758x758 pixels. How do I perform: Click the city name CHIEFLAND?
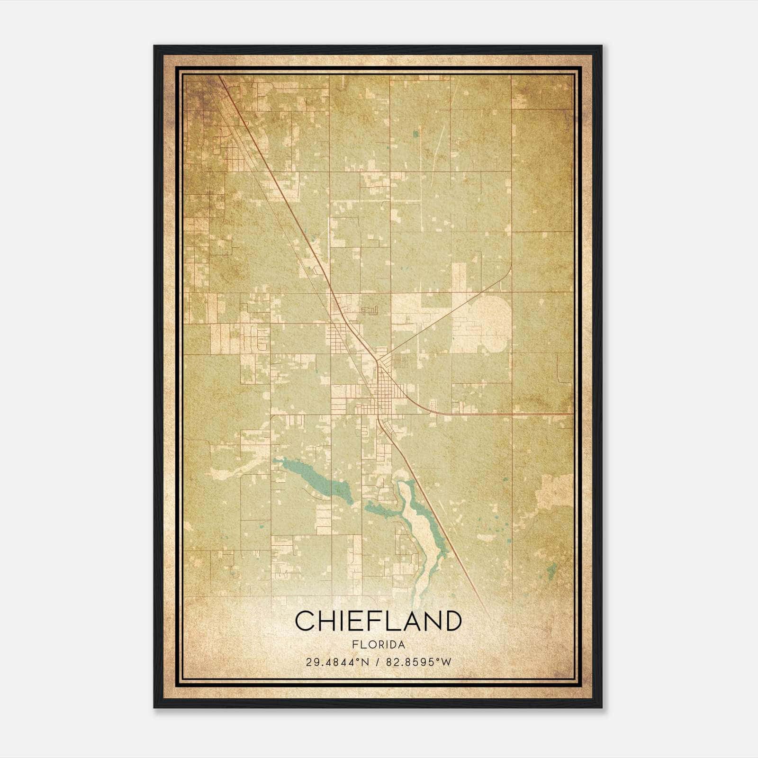(378, 621)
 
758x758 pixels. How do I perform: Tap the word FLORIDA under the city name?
(378, 645)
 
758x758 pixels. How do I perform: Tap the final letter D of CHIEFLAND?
(452, 621)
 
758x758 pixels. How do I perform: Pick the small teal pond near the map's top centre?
(415, 134)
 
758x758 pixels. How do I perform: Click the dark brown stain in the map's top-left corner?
(199, 95)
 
